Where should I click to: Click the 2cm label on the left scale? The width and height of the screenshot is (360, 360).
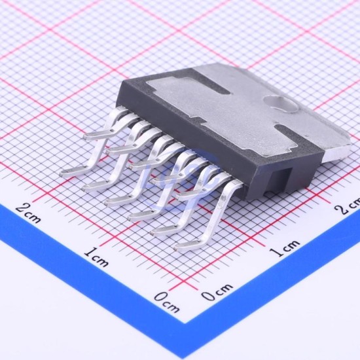tap(28, 213)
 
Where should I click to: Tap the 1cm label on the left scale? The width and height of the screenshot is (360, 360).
tap(96, 257)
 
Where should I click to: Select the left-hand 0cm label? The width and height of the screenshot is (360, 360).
tap(167, 302)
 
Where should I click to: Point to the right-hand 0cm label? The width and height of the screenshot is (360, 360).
tap(217, 291)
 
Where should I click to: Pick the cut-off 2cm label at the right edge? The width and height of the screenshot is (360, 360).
tap(347, 206)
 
